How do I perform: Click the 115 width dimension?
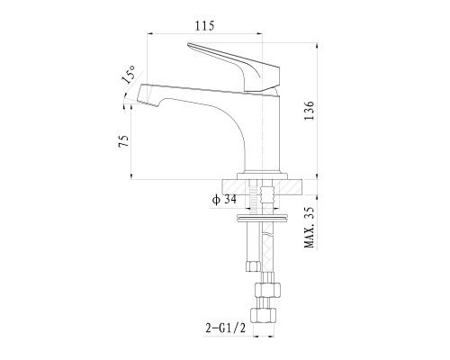[x=205, y=26]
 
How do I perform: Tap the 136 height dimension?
[x=310, y=111]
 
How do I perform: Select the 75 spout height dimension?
[x=124, y=140]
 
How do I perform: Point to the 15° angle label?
[x=129, y=75]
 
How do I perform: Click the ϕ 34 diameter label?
[x=224, y=200]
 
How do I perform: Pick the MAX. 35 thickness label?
[x=310, y=227]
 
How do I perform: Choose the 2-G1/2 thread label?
[x=226, y=328]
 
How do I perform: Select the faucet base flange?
[x=262, y=175]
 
